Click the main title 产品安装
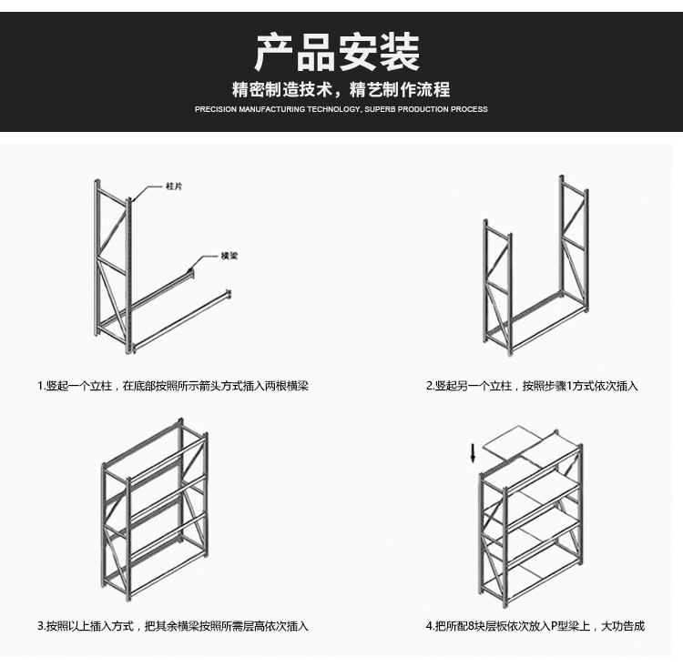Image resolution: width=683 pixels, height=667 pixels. click(337, 52)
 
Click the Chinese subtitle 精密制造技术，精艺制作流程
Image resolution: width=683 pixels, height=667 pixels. click(341, 89)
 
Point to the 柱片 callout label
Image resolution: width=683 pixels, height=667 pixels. click(174, 187)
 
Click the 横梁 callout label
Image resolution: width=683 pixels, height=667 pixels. click(229, 256)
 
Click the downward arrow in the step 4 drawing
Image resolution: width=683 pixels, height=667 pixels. click(473, 453)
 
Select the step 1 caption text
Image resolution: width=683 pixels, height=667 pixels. click(173, 386)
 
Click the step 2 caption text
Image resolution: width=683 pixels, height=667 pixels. click(532, 386)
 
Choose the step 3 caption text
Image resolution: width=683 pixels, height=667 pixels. click(173, 626)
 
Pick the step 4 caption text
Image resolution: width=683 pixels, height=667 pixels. click(535, 626)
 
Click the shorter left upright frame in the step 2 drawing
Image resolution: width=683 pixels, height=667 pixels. click(497, 288)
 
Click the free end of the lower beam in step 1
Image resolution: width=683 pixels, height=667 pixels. click(229, 294)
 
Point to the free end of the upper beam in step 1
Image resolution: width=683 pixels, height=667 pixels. click(190, 273)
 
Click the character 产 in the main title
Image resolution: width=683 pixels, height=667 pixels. click(274, 52)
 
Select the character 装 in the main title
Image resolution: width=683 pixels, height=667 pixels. click(401, 52)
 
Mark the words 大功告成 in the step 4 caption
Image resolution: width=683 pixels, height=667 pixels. click(623, 626)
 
